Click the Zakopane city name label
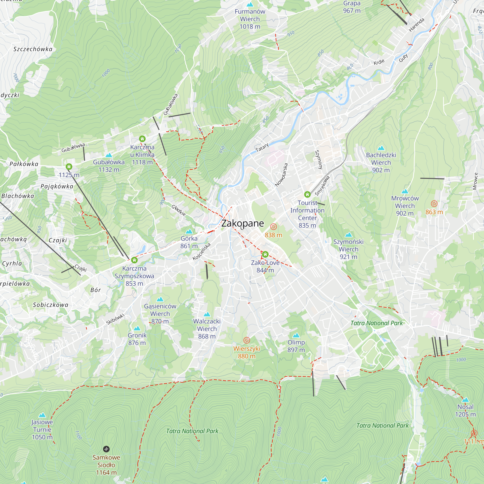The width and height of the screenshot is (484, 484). click(242, 223)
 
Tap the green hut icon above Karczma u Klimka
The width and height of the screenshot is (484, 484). click(142, 139)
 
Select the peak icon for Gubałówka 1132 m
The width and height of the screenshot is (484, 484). click(109, 155)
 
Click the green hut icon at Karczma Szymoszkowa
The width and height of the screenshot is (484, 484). click(134, 260)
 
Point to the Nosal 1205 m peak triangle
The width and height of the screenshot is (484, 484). click(465, 400)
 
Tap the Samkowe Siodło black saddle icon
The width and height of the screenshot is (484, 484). click(106, 449)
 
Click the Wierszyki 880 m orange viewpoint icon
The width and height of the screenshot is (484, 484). click(247, 340)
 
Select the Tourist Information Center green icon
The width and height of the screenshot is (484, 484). click(307, 194)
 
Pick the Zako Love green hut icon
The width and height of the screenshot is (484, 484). click(265, 255)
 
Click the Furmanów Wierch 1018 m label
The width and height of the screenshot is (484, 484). click(250, 19)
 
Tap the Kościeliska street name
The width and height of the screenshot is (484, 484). click(202, 251)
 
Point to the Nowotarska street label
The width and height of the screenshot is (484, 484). click(281, 175)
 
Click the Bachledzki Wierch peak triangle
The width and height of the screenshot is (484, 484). click(381, 148)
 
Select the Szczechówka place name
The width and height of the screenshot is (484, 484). click(33, 49)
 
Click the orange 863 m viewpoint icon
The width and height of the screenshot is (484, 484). click(434, 204)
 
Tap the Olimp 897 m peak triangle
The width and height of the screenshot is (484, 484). click(296, 335)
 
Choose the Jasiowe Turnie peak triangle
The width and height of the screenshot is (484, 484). click(42, 415)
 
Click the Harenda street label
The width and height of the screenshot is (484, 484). click(417, 25)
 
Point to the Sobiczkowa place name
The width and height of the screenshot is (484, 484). click(51, 305)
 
